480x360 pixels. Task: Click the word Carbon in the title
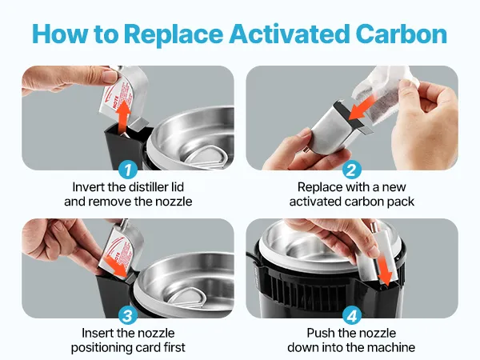pos(402,34)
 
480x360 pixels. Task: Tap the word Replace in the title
pos(174,34)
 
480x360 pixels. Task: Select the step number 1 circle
pos(128,170)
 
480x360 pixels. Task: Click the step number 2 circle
pos(352,170)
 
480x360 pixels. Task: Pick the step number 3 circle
pos(128,316)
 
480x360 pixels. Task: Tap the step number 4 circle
pos(352,316)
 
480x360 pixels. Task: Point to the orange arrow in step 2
pos(362,107)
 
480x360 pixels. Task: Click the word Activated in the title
pos(290,34)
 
